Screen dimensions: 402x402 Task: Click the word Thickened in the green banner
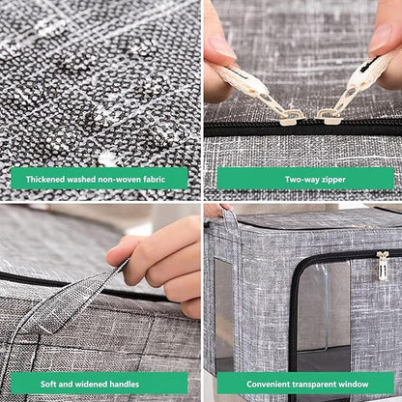point(45,179)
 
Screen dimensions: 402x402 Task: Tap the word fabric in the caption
point(154,179)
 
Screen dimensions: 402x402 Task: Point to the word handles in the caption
point(124,384)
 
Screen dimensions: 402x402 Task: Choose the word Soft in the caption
point(48,384)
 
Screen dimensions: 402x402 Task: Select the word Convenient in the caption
point(269,384)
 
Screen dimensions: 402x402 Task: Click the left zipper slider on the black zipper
point(291,118)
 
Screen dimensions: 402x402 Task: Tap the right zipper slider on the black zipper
point(326,117)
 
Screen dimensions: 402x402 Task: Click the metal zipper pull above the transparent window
point(383,265)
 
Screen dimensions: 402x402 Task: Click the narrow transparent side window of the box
point(223,309)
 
